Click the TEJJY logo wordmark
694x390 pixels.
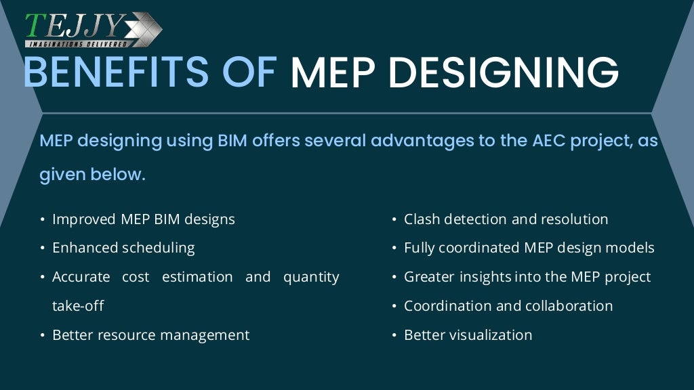[x=75, y=26]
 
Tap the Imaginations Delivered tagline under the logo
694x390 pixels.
[x=77, y=44]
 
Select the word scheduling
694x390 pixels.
[x=158, y=248]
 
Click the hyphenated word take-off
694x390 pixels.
[x=78, y=306]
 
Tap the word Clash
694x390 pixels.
[x=421, y=219]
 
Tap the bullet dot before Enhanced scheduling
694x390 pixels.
[x=42, y=248]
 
